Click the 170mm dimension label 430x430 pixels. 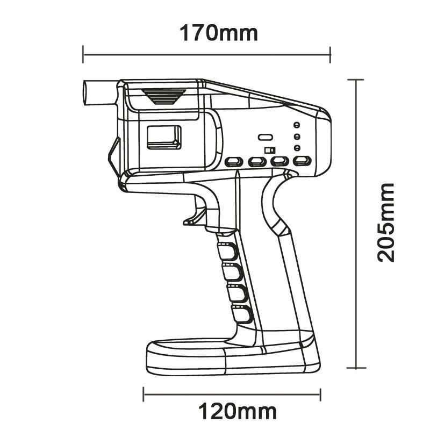pyautogui.click(x=218, y=33)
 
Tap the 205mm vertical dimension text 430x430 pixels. pyautogui.click(x=385, y=222)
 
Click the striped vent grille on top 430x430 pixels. pyautogui.click(x=163, y=96)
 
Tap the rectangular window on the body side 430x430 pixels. pyautogui.click(x=163, y=137)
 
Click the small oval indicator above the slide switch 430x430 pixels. pyautogui.click(x=265, y=138)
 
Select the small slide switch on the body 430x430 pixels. pyautogui.click(x=270, y=149)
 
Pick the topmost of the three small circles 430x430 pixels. pyautogui.click(x=296, y=125)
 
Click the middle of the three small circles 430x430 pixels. pyautogui.click(x=296, y=137)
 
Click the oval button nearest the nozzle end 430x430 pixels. pyautogui.click(x=233, y=161)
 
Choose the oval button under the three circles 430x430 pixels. pyautogui.click(x=302, y=161)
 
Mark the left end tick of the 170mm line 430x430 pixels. pyautogui.click(x=83, y=54)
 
